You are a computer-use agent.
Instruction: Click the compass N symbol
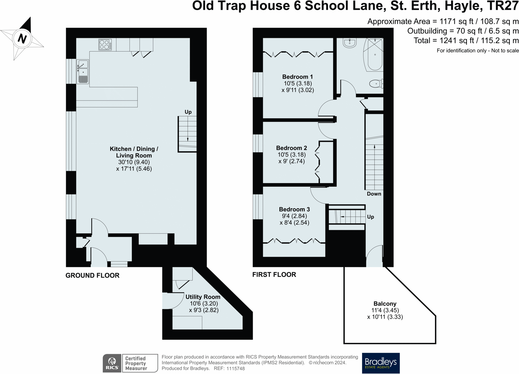pos(22,38)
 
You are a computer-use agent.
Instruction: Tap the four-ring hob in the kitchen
pos(105,45)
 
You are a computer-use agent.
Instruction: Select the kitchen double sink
pos(83,71)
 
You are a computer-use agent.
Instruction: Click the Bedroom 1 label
pos(297,77)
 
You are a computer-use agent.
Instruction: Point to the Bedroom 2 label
pos(291,148)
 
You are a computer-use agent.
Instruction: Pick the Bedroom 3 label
pos(294,209)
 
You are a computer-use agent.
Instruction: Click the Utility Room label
pos(203,297)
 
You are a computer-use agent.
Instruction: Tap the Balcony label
pos(385,304)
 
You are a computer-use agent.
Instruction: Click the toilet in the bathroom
pos(376,84)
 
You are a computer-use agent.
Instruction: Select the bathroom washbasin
pos(350,43)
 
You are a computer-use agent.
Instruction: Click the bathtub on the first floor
pos(374,55)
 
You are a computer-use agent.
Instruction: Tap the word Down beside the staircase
pos(374,194)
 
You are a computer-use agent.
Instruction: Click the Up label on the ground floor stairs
pos(188,112)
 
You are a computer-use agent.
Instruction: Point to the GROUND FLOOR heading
pos(92,275)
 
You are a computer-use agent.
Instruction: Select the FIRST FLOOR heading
pos(274,274)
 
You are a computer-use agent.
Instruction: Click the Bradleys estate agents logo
pos(380,363)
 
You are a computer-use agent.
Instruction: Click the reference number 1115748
pos(236,369)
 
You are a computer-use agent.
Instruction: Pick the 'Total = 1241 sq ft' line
pos(466,40)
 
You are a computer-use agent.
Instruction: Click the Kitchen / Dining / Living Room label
pos(134,152)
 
